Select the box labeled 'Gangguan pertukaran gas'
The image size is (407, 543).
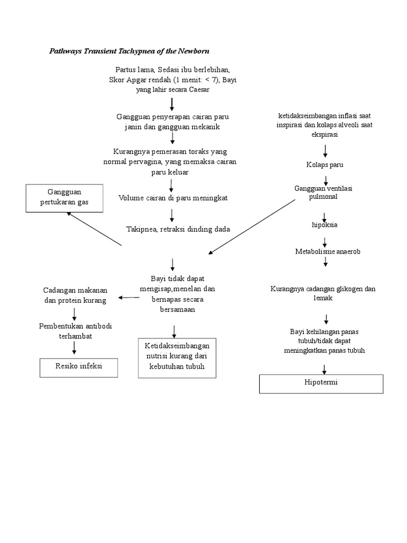click(65, 197)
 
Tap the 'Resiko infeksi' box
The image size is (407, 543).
click(79, 366)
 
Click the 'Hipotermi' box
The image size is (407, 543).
click(321, 383)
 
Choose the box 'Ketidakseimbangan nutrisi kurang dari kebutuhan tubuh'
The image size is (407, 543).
click(178, 357)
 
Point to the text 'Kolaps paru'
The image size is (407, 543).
click(324, 165)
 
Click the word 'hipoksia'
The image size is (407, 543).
click(324, 225)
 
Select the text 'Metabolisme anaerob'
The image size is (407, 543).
click(328, 251)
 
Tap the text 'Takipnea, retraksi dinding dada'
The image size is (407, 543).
click(178, 229)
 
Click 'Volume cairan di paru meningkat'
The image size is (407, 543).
click(173, 198)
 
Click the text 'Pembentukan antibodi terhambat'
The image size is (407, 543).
click(75, 330)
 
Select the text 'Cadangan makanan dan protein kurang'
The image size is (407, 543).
click(75, 295)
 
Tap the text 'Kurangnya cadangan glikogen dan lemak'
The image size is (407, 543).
click(323, 294)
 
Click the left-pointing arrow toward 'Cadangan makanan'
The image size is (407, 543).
click(129, 297)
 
